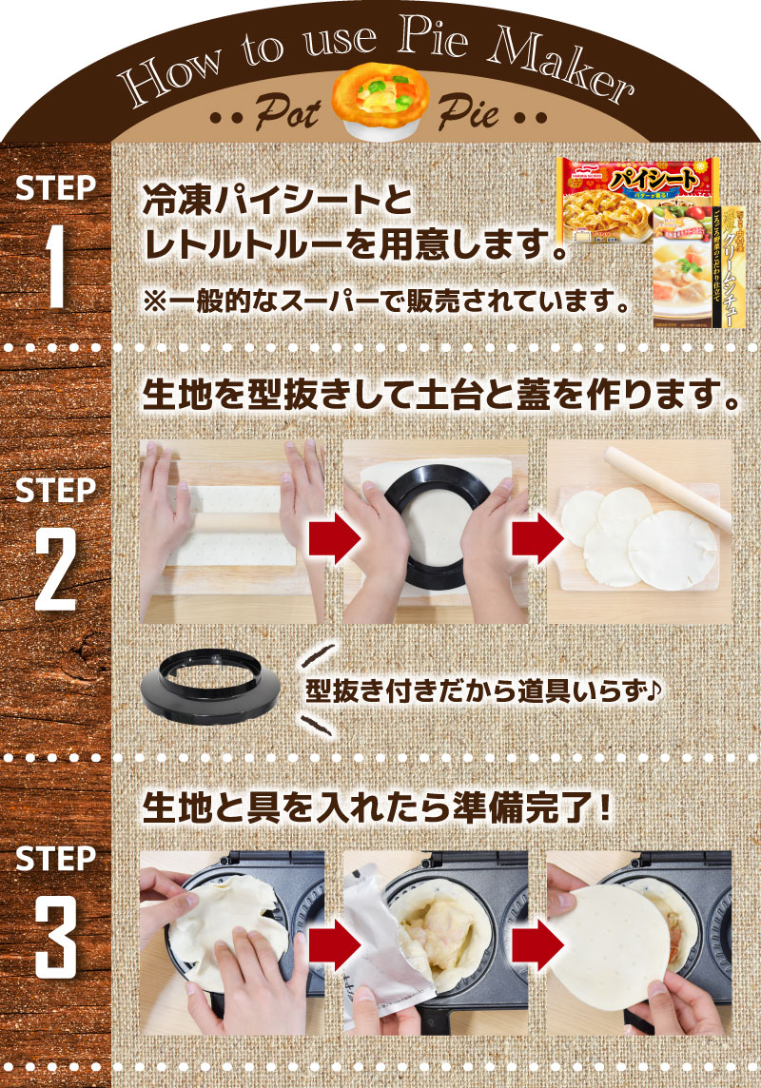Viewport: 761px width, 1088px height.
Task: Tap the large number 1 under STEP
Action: [x=55, y=266]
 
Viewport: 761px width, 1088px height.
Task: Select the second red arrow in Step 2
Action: [x=534, y=537]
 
